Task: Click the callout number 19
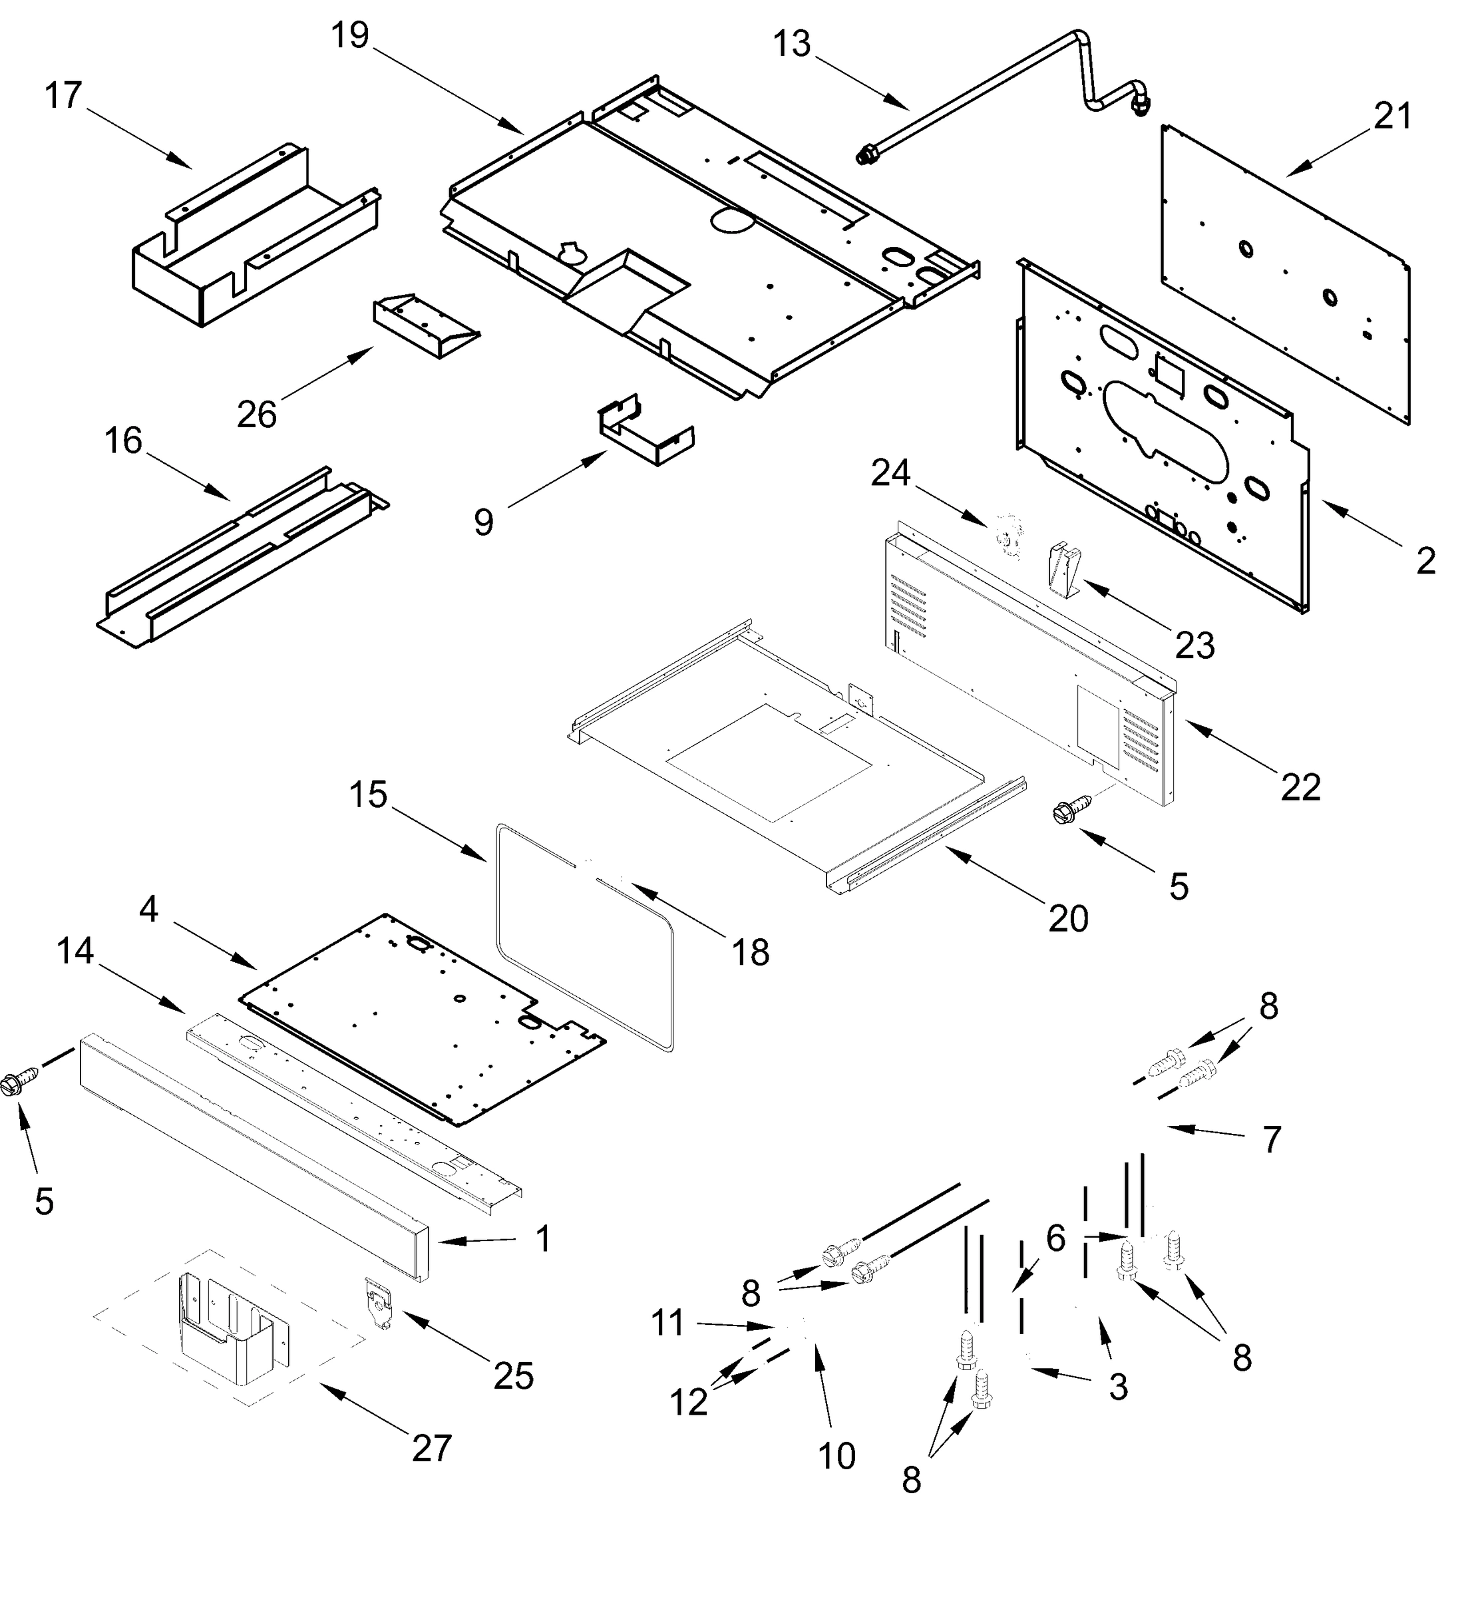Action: (350, 36)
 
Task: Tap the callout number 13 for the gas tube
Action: (791, 45)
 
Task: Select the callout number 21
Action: (1393, 116)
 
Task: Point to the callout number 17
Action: (63, 96)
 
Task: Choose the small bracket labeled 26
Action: (425, 326)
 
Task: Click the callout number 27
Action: (432, 1449)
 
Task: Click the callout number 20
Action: (1068, 919)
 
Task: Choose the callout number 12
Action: (688, 1403)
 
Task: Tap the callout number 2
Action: (1425, 562)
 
